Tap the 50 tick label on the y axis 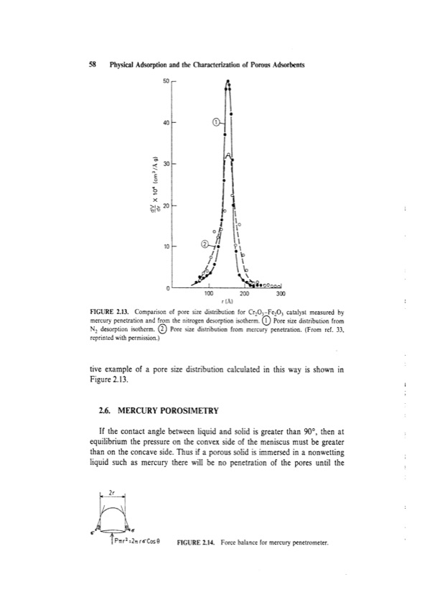(165, 81)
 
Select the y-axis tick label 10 (165, 246)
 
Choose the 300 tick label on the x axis (281, 294)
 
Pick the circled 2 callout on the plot (205, 244)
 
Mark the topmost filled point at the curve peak (228, 83)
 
